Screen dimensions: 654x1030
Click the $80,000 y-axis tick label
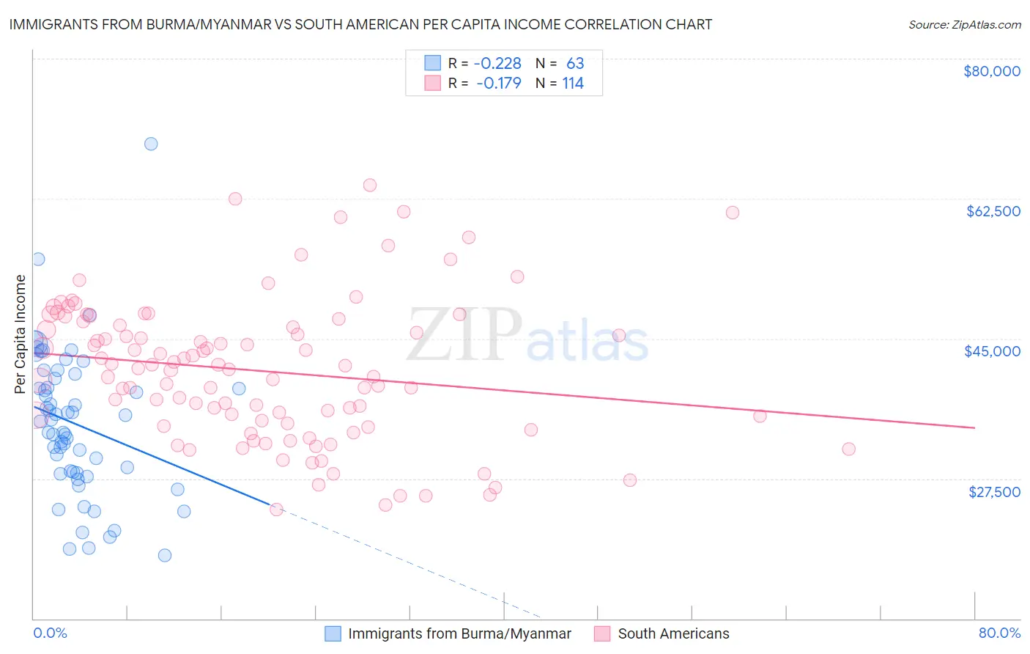991,71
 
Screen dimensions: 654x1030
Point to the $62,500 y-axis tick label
993,211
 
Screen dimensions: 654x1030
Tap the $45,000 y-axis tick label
992,351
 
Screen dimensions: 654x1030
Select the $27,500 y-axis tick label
993,491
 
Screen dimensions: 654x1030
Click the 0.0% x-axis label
50,633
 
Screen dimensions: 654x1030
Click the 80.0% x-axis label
999,633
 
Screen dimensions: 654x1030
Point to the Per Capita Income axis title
21,334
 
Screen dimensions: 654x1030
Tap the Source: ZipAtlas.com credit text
964,24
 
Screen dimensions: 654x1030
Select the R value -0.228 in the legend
497,63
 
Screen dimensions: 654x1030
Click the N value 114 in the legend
573,83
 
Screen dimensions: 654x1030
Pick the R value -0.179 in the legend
498,83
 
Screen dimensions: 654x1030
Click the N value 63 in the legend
575,63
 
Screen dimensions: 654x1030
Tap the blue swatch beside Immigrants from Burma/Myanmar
333,633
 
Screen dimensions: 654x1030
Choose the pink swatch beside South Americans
602,633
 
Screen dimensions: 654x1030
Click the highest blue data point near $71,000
151,144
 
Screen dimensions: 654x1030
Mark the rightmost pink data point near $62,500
733,213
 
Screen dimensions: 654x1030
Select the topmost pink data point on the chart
370,185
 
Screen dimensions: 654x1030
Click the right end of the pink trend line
974,427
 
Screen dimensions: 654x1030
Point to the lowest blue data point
165,555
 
